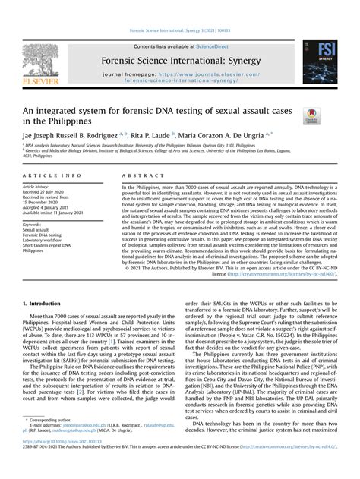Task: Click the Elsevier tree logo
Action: [40, 60]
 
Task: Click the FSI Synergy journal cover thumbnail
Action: [320, 67]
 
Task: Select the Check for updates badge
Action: [311, 115]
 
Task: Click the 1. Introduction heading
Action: [46, 302]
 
